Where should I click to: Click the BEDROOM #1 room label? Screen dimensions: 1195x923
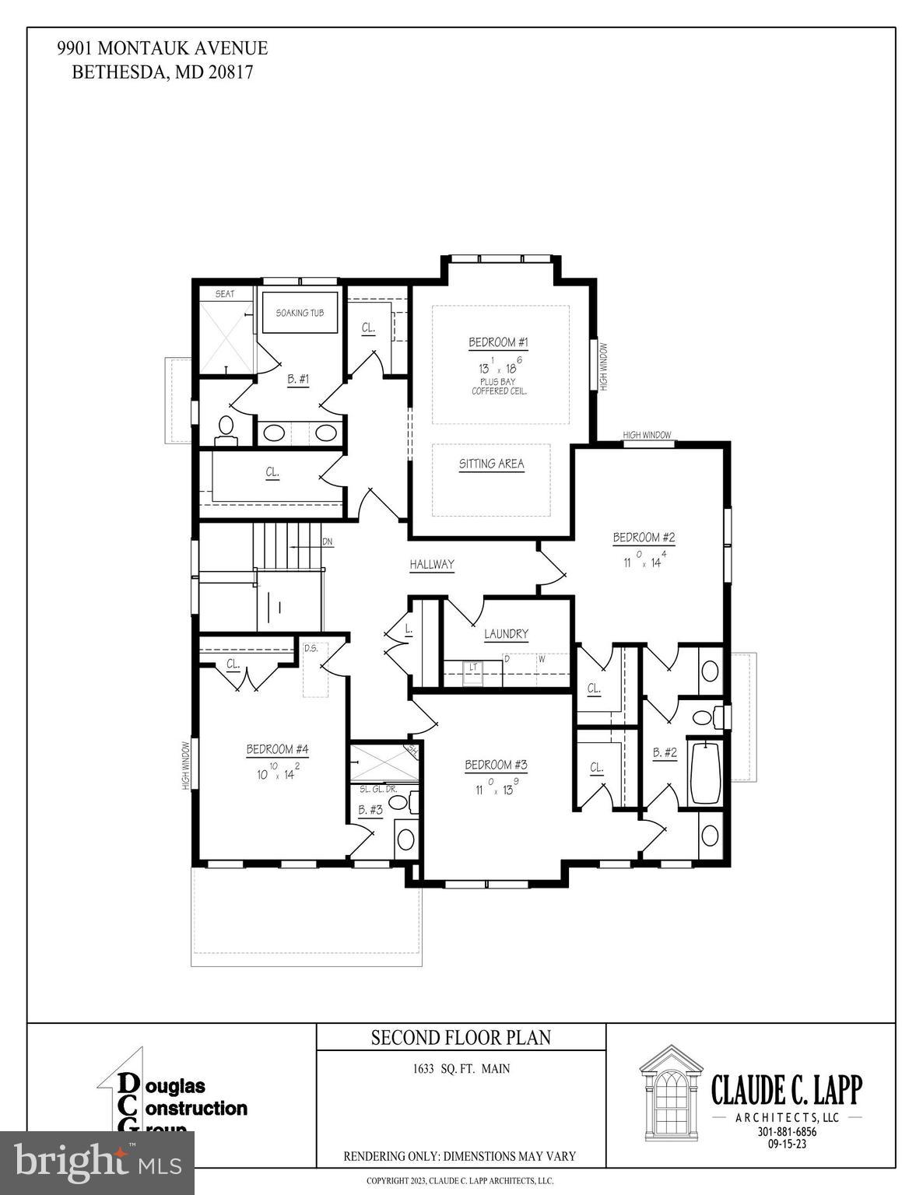(x=498, y=342)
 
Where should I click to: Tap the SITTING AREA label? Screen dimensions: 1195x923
(x=491, y=464)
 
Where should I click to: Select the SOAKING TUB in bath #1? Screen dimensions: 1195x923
(x=300, y=313)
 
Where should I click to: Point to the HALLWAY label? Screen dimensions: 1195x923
(x=432, y=565)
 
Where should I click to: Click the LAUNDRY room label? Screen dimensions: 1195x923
(x=506, y=634)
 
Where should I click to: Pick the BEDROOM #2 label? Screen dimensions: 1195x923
(x=644, y=537)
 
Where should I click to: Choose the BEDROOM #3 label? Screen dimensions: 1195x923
(x=496, y=765)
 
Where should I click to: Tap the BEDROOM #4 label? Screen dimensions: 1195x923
(x=277, y=749)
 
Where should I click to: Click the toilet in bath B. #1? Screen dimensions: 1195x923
(x=226, y=427)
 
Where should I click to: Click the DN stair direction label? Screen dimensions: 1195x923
(x=328, y=541)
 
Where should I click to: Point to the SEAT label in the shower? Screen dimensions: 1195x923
(x=225, y=294)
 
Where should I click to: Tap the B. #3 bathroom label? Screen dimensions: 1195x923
(x=370, y=810)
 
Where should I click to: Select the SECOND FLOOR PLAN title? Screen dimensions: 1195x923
(x=461, y=1037)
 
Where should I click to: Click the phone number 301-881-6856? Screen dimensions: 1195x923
(x=787, y=1132)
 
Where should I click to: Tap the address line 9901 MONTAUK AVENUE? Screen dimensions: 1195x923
(x=162, y=48)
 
